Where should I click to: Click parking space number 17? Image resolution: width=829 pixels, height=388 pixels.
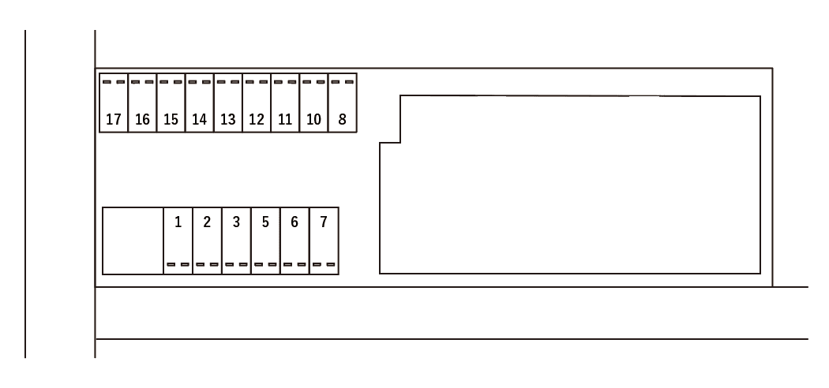114,104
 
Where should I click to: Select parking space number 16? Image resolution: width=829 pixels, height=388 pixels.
142,104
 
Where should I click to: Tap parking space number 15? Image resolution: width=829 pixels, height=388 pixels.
171,104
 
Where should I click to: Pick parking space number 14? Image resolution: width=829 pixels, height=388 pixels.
199,104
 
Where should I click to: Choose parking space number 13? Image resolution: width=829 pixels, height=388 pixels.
227,104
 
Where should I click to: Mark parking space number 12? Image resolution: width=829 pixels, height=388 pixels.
256,104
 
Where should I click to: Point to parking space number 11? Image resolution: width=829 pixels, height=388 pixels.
285,104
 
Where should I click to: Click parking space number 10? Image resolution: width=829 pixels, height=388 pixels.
313,104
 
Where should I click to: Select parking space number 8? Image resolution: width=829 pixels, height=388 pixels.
342,104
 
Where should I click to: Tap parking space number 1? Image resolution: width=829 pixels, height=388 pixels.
178,241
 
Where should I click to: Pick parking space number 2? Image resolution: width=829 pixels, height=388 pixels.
207,241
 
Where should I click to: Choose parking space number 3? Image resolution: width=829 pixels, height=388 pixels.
236,241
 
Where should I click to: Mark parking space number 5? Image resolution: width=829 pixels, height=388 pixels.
265,241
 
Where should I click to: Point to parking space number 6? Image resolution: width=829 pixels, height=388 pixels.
294,241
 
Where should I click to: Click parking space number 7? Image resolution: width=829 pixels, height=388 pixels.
324,241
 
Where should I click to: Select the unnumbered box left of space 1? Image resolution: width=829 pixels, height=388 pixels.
133,241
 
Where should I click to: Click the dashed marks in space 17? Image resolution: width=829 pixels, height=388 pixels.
114,81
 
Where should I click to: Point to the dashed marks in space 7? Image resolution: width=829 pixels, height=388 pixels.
324,265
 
